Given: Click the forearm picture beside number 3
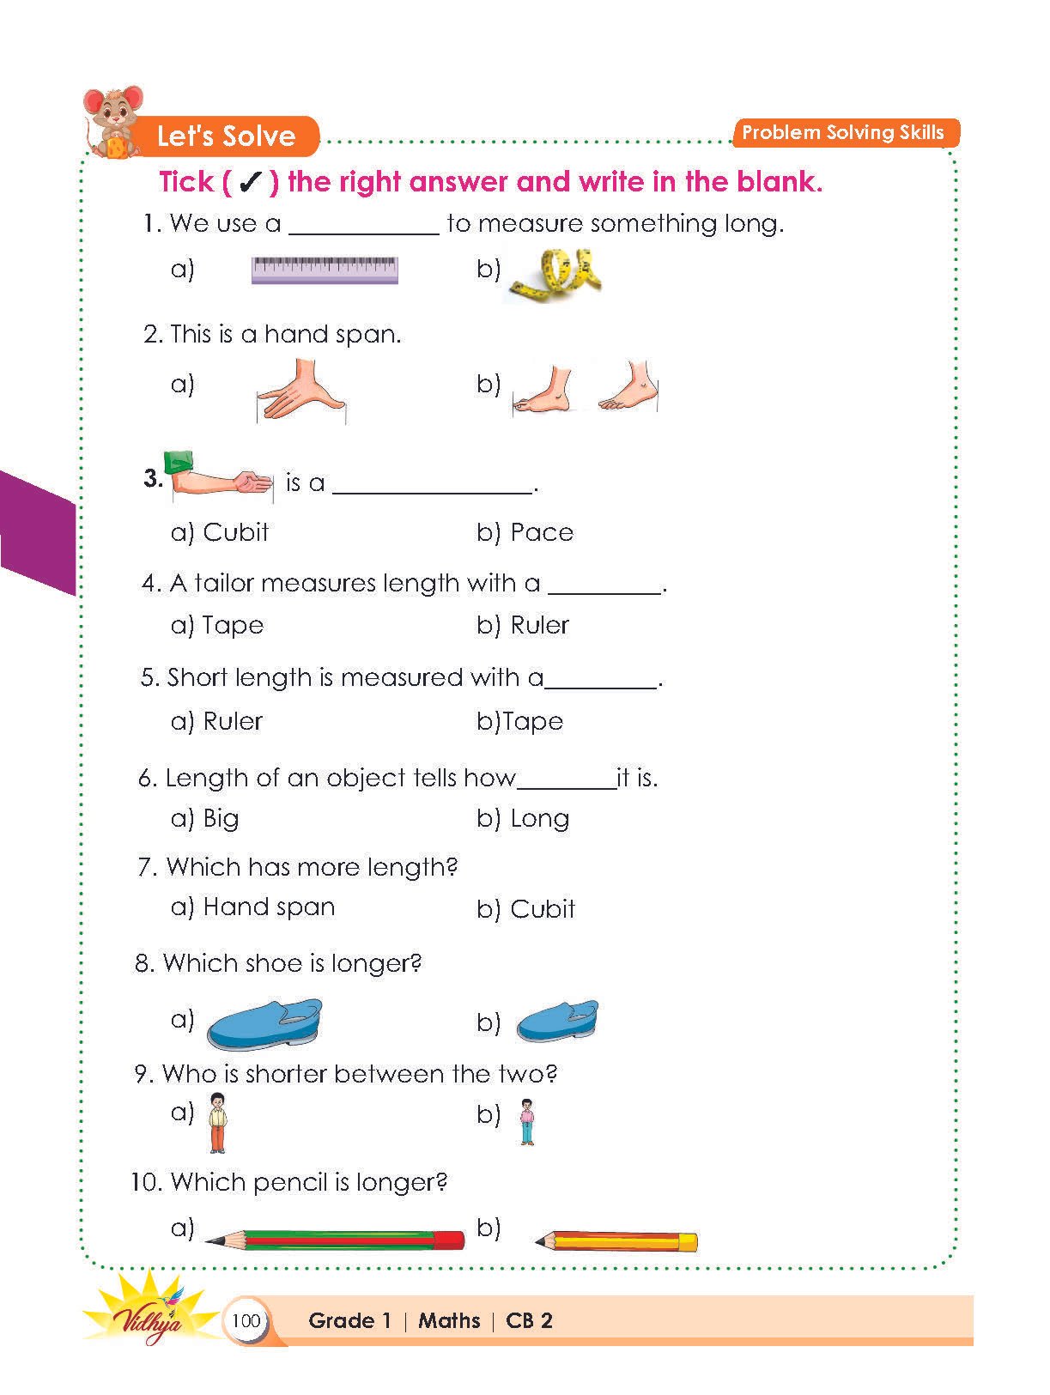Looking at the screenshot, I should point(222,476).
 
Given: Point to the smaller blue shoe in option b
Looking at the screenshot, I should point(556,1022).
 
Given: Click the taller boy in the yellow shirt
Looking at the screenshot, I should point(218,1123).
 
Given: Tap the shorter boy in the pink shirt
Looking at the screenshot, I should point(527,1122).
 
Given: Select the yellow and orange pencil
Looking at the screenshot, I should point(616,1241).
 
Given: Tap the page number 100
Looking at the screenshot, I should point(246,1320).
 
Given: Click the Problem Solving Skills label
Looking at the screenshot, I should point(843,133).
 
